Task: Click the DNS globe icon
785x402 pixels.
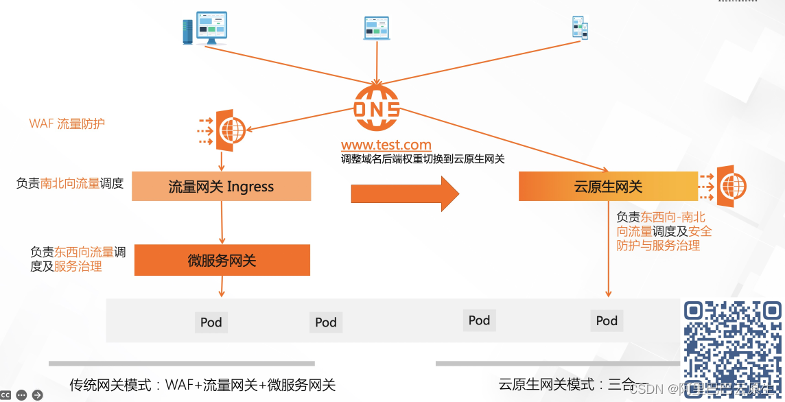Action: point(376,108)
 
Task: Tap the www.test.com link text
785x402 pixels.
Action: point(386,145)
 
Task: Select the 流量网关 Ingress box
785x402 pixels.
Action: point(221,187)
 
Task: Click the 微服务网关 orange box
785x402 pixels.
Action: point(222,261)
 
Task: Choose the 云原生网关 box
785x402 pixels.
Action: point(608,187)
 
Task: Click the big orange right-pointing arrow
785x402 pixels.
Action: point(405,193)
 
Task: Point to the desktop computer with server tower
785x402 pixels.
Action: point(205,28)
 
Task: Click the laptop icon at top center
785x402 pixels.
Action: point(376,27)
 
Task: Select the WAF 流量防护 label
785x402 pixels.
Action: point(67,123)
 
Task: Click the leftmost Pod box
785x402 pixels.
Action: point(211,322)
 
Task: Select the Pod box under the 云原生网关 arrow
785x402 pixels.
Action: point(607,320)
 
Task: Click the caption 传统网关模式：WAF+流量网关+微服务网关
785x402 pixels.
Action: point(202,384)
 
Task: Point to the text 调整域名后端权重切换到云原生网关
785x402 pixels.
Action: point(423,159)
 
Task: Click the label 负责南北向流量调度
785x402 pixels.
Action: point(70,183)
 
